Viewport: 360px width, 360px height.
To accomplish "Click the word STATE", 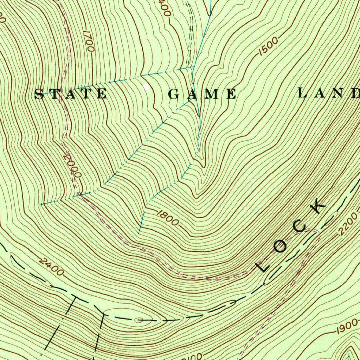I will (x=71, y=94).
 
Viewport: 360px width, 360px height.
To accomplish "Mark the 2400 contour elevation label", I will (x=52, y=266).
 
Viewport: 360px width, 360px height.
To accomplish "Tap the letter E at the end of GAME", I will (x=231, y=94).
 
